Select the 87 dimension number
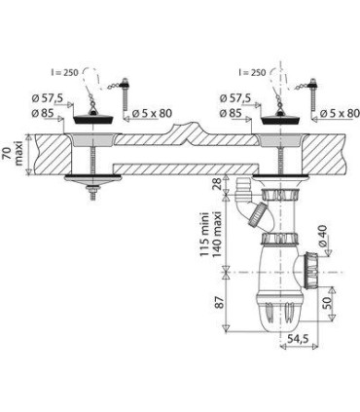coord(220,302)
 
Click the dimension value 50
coord(327,303)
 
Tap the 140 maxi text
coord(216,235)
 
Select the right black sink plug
coord(280,118)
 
